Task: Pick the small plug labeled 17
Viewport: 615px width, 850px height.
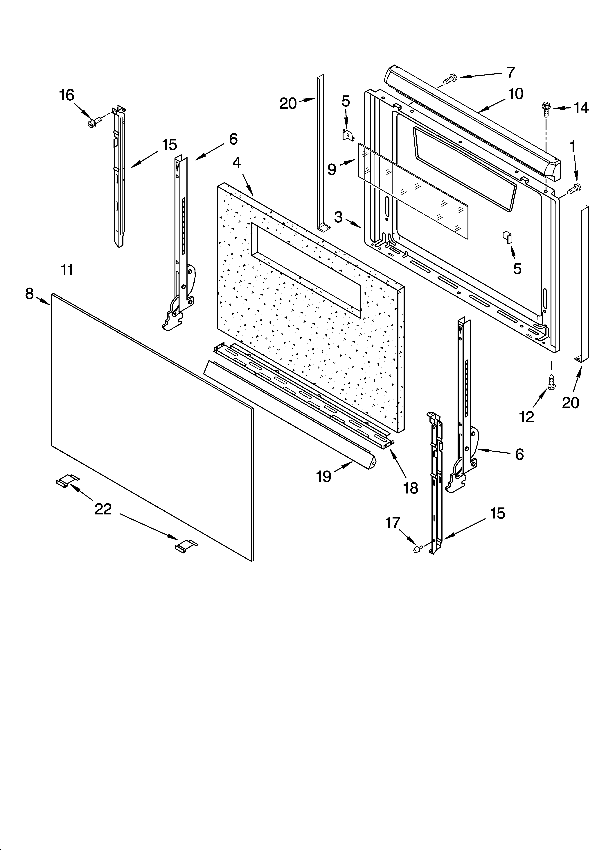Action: click(417, 549)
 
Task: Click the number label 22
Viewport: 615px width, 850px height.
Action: click(103, 509)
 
